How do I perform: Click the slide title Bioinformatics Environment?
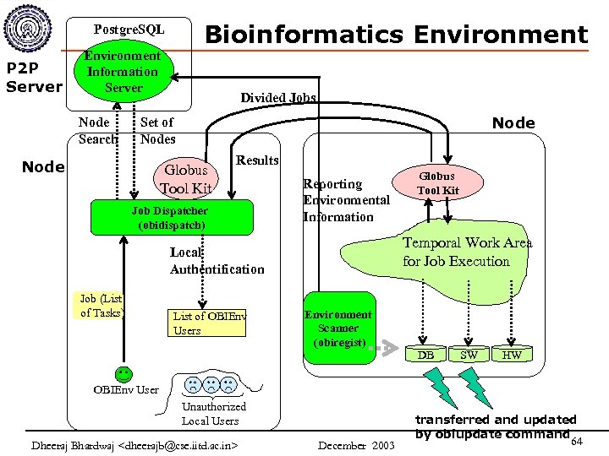[396, 35]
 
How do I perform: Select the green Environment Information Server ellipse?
[123, 73]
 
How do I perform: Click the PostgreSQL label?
[129, 30]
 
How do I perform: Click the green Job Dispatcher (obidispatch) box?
[169, 218]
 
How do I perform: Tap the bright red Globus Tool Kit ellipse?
[438, 183]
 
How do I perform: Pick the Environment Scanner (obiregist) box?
[338, 328]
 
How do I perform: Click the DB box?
[427, 355]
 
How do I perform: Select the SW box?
[469, 355]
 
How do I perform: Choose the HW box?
[512, 355]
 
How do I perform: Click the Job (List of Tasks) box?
[101, 306]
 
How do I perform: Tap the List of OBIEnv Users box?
[209, 323]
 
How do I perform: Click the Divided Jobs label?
[277, 97]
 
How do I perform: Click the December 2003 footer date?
[356, 445]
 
